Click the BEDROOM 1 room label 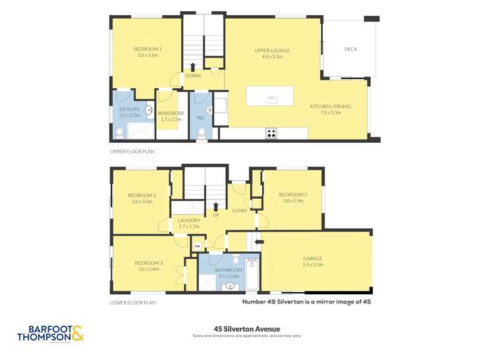(x=148, y=52)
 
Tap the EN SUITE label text (x=128, y=111)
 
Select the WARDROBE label (x=170, y=116)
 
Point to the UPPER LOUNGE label (x=272, y=53)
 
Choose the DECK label (x=350, y=49)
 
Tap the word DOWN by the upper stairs (x=192, y=76)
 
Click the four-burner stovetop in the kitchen (x=271, y=133)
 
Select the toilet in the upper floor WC (x=202, y=132)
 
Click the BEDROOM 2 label (x=292, y=197)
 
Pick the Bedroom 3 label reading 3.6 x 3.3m (x=142, y=198)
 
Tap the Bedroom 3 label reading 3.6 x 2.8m (x=142, y=265)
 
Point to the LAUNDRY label (x=189, y=222)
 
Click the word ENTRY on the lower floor (x=239, y=211)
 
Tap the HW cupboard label (x=196, y=247)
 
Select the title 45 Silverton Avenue (x=247, y=328)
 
